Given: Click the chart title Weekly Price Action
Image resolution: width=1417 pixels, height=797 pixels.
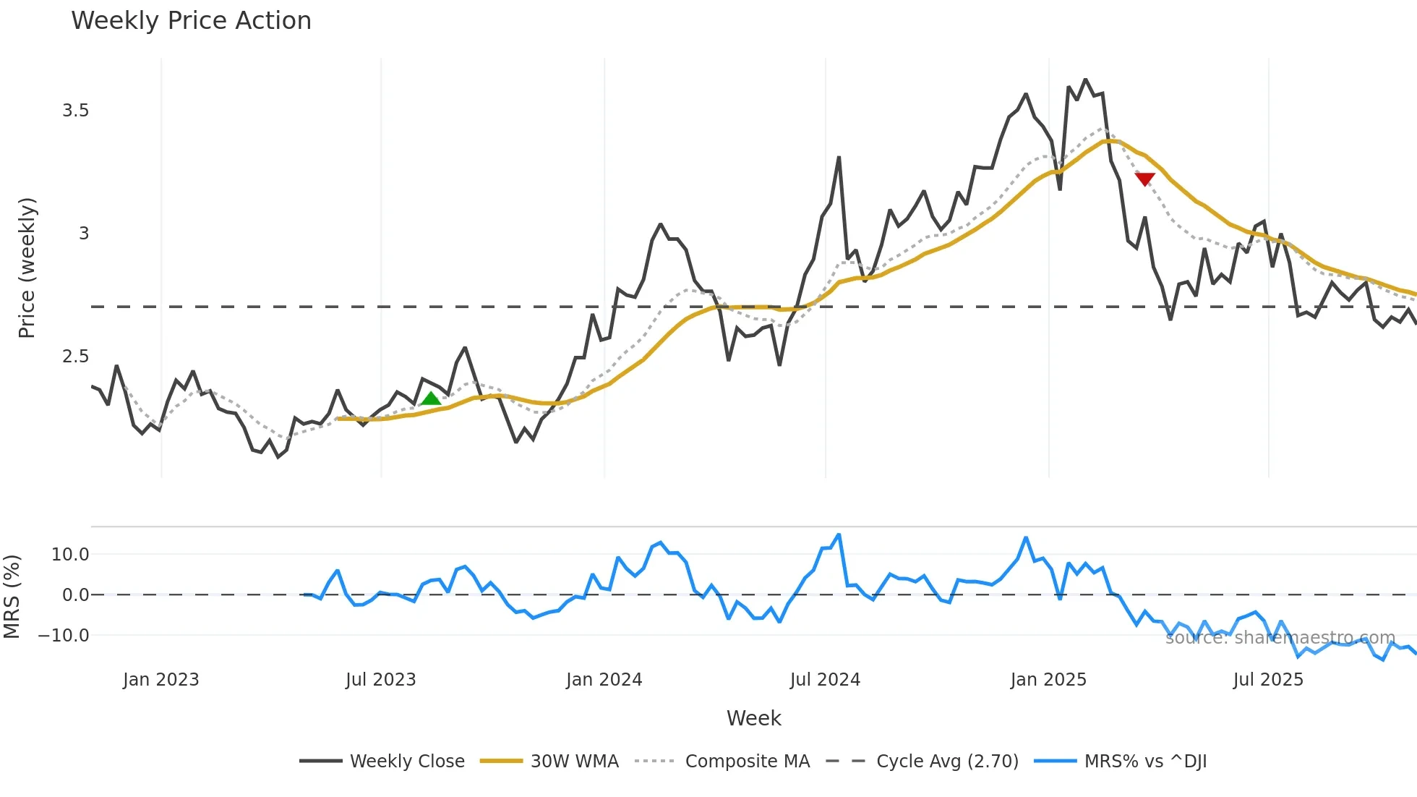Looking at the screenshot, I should point(191,21).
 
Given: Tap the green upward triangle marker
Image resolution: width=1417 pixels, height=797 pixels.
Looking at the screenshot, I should point(431,399).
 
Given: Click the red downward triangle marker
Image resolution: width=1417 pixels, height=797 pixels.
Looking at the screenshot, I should point(1144,179).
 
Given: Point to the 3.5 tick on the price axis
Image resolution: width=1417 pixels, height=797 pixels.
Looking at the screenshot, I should point(75,111).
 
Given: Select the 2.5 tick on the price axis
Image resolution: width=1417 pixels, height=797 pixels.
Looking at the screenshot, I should point(75,357).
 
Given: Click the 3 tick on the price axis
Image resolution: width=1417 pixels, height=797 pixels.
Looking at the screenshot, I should point(84,234).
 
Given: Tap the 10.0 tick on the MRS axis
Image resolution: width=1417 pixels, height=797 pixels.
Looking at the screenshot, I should point(70,555).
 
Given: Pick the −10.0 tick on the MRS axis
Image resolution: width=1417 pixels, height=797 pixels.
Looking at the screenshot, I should point(64,636).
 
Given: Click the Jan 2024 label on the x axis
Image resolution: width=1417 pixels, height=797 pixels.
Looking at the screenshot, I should point(604,680).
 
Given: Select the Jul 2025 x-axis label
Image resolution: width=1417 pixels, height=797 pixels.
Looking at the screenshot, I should point(1268,680).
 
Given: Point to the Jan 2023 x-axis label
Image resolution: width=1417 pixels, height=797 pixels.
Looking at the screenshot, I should point(160,680).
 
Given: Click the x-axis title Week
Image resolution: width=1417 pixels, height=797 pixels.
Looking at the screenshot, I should point(753,718).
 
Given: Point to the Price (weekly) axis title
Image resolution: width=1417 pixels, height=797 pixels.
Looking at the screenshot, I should point(27,268).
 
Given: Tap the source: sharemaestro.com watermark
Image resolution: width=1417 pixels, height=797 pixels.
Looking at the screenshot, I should point(1280,638).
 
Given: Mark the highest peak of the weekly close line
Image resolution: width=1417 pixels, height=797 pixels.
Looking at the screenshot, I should point(1085,80).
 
